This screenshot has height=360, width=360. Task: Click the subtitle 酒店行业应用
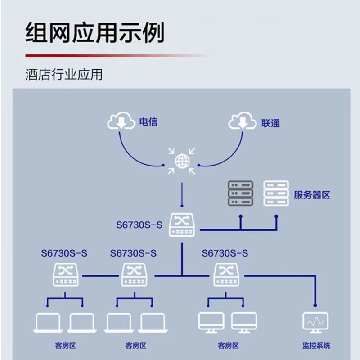64,74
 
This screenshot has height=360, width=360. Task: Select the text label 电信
148,121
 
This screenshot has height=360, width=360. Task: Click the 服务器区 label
312,195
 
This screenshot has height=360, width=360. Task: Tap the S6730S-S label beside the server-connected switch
139,225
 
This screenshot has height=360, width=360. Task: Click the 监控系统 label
316,346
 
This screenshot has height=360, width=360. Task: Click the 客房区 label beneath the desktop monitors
228,346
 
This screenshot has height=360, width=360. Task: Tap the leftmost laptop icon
47,323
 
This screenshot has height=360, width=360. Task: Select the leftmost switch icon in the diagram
65,274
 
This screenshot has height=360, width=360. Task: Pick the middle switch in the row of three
134,274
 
